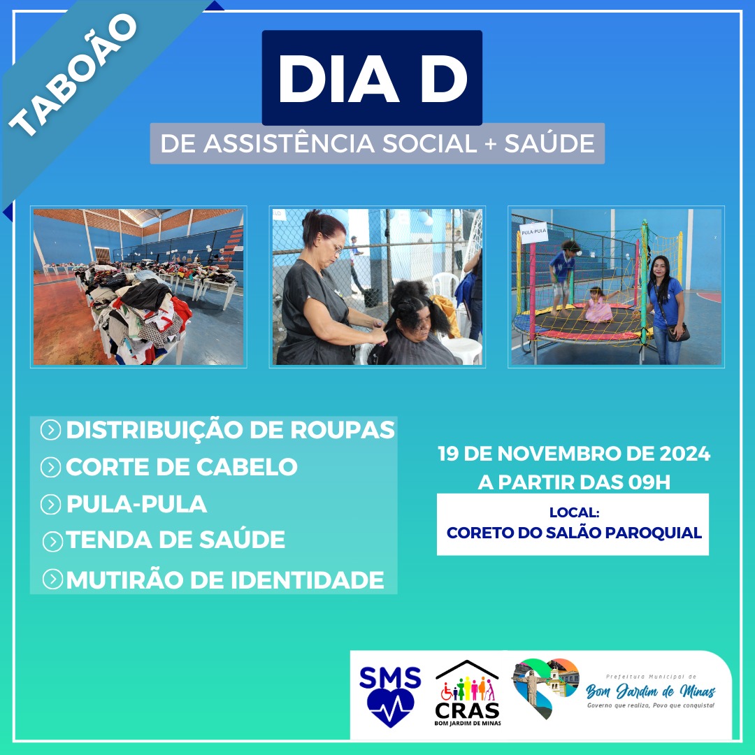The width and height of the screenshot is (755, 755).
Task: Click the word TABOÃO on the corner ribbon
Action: (x=73, y=75)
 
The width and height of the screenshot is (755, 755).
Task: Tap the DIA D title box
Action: (x=372, y=78)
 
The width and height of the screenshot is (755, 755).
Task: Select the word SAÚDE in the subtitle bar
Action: (x=549, y=143)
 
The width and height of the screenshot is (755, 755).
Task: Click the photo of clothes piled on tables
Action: (x=138, y=287)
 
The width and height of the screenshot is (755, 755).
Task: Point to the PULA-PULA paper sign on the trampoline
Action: (x=533, y=232)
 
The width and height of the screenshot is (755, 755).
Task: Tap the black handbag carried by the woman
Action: (x=678, y=332)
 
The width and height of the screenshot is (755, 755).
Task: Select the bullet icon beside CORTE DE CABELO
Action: (x=50, y=467)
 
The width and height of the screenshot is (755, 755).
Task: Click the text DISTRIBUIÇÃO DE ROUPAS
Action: (x=230, y=430)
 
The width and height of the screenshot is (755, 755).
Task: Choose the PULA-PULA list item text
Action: (x=137, y=504)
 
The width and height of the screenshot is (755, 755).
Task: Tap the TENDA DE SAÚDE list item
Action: (x=175, y=540)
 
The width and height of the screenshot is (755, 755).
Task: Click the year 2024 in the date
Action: (x=684, y=454)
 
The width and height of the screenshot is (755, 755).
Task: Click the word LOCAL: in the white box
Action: (x=574, y=512)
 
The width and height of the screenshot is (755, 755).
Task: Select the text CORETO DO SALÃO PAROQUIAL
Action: (x=574, y=533)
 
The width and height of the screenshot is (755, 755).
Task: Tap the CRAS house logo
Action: (x=467, y=692)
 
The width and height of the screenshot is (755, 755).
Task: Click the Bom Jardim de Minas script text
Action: (x=651, y=691)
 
